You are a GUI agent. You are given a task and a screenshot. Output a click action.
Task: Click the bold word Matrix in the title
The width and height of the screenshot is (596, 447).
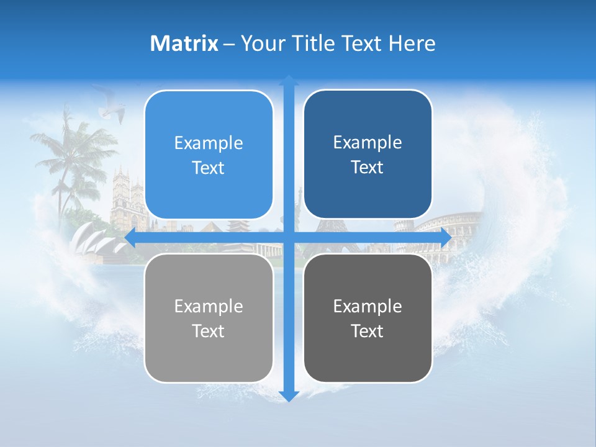(x=184, y=43)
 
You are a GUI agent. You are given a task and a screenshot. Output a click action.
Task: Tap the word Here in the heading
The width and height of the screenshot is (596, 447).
(x=412, y=43)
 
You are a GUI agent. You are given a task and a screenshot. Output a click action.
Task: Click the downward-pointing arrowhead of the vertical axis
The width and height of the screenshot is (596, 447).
(x=289, y=396)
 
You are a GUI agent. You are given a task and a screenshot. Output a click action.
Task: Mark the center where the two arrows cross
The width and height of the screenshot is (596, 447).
(x=289, y=238)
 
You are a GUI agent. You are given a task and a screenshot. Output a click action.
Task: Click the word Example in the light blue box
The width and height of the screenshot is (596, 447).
(x=209, y=143)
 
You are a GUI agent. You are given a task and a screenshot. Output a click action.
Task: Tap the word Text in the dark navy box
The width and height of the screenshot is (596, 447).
(x=368, y=168)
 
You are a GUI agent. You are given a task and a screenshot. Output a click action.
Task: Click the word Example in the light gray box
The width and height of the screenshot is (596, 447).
(x=209, y=307)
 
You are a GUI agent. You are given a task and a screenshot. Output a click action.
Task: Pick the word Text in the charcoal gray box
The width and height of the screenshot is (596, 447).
(x=368, y=331)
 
